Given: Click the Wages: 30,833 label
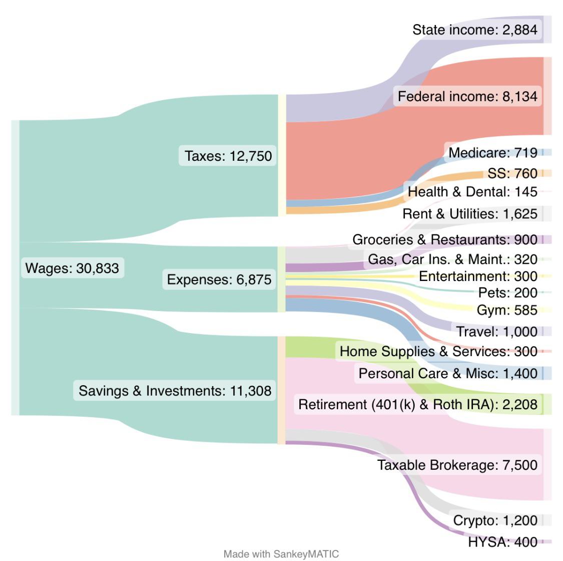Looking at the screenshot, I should click(73, 268).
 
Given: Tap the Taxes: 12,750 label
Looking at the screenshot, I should click(228, 156).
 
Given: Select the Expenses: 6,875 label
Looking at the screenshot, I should click(219, 279).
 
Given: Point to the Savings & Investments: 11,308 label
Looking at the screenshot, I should click(175, 390).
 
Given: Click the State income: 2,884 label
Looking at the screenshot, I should click(474, 30).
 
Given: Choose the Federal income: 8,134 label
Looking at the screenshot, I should click(467, 96).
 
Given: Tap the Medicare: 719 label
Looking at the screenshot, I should click(492, 152).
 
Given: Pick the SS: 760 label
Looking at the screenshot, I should click(512, 173).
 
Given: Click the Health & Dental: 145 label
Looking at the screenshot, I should click(472, 191).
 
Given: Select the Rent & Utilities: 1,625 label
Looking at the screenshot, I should click(469, 214).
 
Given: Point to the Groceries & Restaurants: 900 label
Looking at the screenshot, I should click(444, 239).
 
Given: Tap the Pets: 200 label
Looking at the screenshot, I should click(507, 293).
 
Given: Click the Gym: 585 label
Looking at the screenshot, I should click(506, 310).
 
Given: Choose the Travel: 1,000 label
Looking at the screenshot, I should click(496, 331).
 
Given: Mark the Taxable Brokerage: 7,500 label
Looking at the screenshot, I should click(457, 465).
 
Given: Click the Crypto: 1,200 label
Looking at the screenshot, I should click(495, 520).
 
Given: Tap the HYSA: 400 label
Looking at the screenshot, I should click(502, 541).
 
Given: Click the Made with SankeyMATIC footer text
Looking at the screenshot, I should click(281, 554).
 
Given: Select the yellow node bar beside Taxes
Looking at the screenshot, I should click(282, 155).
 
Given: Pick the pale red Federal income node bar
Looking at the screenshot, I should click(547, 96).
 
